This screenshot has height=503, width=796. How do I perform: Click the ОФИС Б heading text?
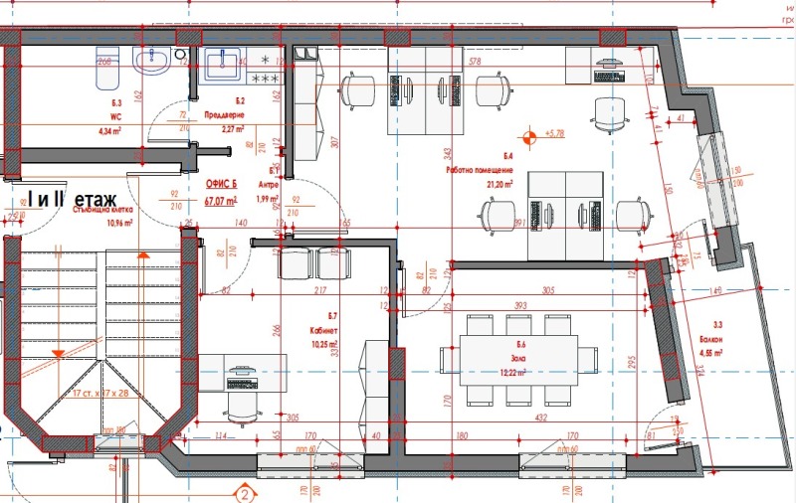click(x=222, y=185)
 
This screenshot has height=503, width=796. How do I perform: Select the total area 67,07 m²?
click(x=222, y=201)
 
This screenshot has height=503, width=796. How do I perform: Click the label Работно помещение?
click(x=480, y=171)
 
